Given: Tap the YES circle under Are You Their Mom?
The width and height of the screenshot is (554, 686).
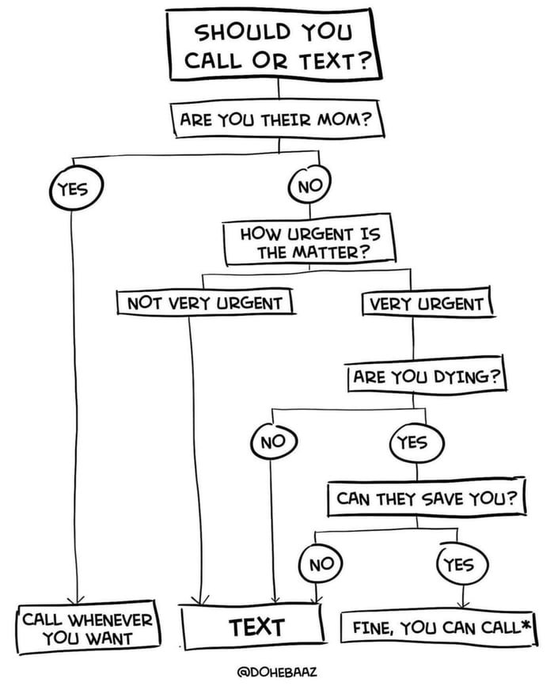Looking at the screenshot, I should pyautogui.click(x=71, y=188).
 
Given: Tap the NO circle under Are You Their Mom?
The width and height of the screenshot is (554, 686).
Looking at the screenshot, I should pyautogui.click(x=309, y=188).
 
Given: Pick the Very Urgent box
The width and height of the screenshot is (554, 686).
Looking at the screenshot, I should pyautogui.click(x=427, y=303).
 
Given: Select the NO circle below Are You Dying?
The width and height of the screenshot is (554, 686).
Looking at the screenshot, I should pyautogui.click(x=273, y=442).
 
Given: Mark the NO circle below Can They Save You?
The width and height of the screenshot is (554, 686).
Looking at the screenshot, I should pyautogui.click(x=321, y=563).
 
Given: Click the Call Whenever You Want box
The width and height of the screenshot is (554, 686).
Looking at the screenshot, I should pyautogui.click(x=89, y=627).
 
